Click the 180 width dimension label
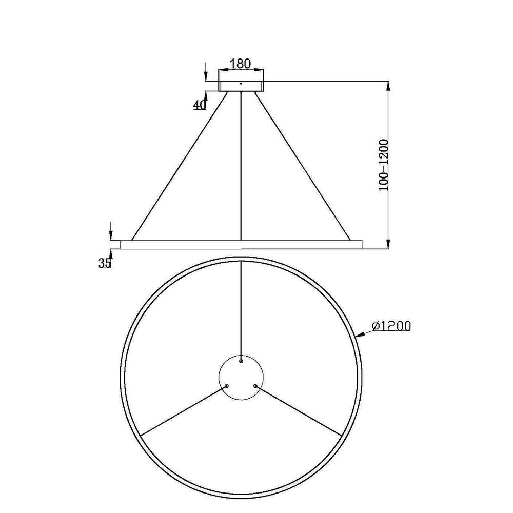(241, 64)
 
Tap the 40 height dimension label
(199, 105)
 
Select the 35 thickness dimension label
(105, 263)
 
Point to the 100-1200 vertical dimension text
(383, 165)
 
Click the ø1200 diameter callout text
(391, 326)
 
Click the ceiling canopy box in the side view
(241, 86)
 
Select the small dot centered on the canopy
(241, 84)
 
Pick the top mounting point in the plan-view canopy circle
(241, 361)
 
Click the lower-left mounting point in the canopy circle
(227, 386)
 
